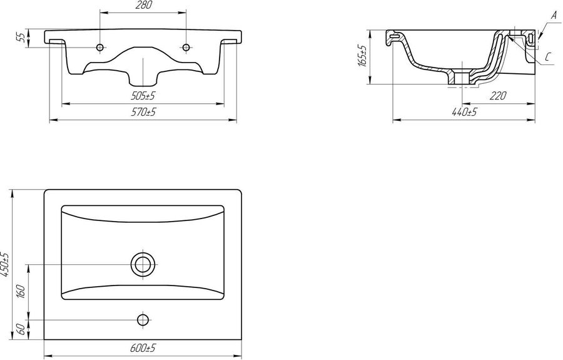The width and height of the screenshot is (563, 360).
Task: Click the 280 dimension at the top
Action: click(144, 5)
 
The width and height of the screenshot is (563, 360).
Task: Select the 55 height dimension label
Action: click(21, 38)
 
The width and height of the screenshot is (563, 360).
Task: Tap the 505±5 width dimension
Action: click(143, 96)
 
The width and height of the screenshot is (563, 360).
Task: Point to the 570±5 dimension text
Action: click(143, 112)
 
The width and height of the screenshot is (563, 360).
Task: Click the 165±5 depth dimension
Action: click(362, 56)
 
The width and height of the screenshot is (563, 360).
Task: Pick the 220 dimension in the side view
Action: click(498, 96)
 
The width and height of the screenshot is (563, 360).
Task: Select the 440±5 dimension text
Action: click(464, 112)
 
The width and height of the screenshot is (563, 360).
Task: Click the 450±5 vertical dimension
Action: click(4, 265)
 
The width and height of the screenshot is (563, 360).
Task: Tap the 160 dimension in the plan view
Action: click(21, 291)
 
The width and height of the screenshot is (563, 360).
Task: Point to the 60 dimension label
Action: click(21, 329)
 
